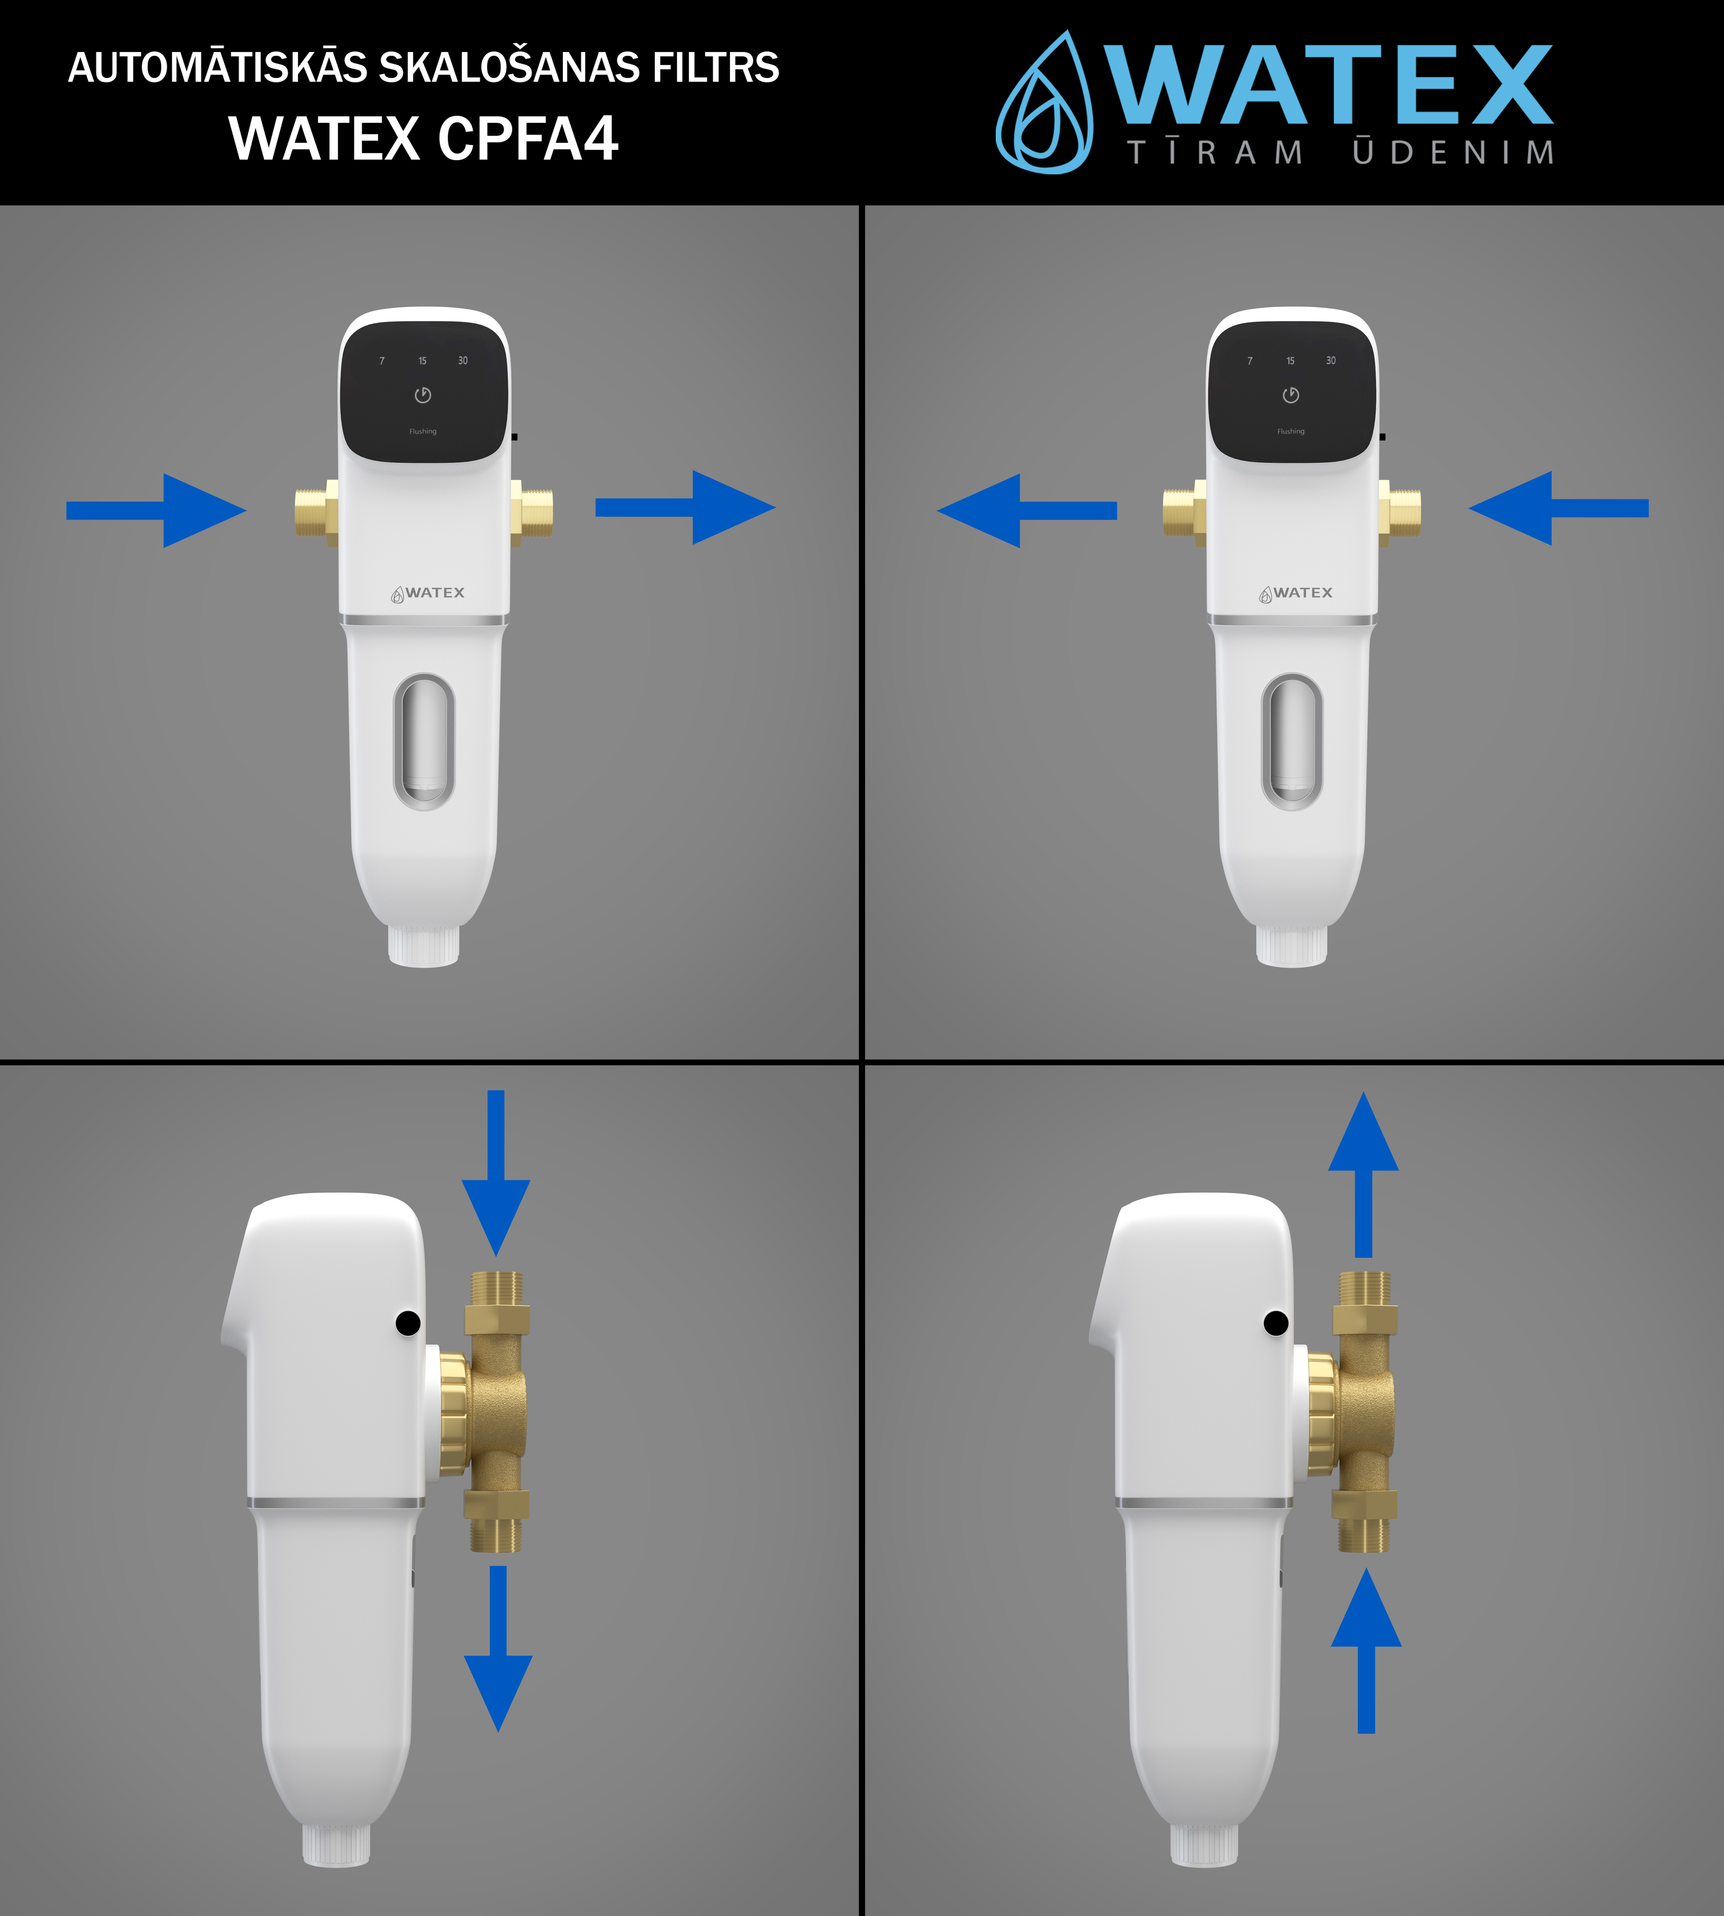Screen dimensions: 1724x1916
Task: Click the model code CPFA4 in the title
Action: coord(529,138)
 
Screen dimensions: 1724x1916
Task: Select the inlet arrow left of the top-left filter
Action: coord(156,510)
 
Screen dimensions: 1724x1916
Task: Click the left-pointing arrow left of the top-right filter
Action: coord(1027,510)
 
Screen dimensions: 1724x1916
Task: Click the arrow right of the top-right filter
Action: coord(1558,508)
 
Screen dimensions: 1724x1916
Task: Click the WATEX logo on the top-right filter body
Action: coord(1296,593)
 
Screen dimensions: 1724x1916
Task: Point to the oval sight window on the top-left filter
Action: coord(424,741)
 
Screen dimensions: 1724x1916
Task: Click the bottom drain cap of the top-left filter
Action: coord(424,945)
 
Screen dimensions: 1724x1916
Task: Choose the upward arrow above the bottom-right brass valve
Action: coord(1363,1175)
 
